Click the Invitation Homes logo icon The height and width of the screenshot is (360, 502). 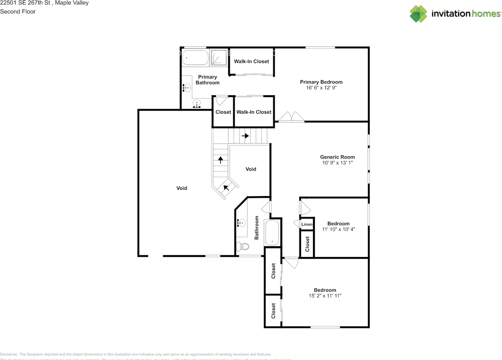pyautogui.click(x=418, y=14)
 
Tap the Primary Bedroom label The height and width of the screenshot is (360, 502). pyautogui.click(x=321, y=82)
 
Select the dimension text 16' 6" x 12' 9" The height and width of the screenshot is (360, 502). pyautogui.click(x=321, y=88)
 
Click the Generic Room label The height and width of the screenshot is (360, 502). pyautogui.click(x=337, y=157)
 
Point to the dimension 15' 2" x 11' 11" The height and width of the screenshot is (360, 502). pyautogui.click(x=325, y=296)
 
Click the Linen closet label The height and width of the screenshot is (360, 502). pyautogui.click(x=307, y=224)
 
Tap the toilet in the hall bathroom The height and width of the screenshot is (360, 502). pyautogui.click(x=242, y=247)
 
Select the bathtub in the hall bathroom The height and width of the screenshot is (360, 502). pyautogui.click(x=271, y=233)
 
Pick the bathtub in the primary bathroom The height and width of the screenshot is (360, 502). pyautogui.click(x=195, y=58)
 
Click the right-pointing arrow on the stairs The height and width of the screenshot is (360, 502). pyautogui.click(x=245, y=136)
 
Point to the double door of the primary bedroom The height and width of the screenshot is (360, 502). pyautogui.click(x=291, y=117)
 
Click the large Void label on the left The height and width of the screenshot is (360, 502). pyautogui.click(x=182, y=188)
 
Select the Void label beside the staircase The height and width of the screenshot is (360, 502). pyautogui.click(x=251, y=169)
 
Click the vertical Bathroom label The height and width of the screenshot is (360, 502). pyautogui.click(x=257, y=227)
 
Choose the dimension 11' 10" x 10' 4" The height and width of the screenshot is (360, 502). pyautogui.click(x=338, y=229)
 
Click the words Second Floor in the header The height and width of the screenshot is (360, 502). pyautogui.click(x=18, y=11)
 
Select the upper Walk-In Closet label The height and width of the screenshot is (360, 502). pyautogui.click(x=251, y=61)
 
